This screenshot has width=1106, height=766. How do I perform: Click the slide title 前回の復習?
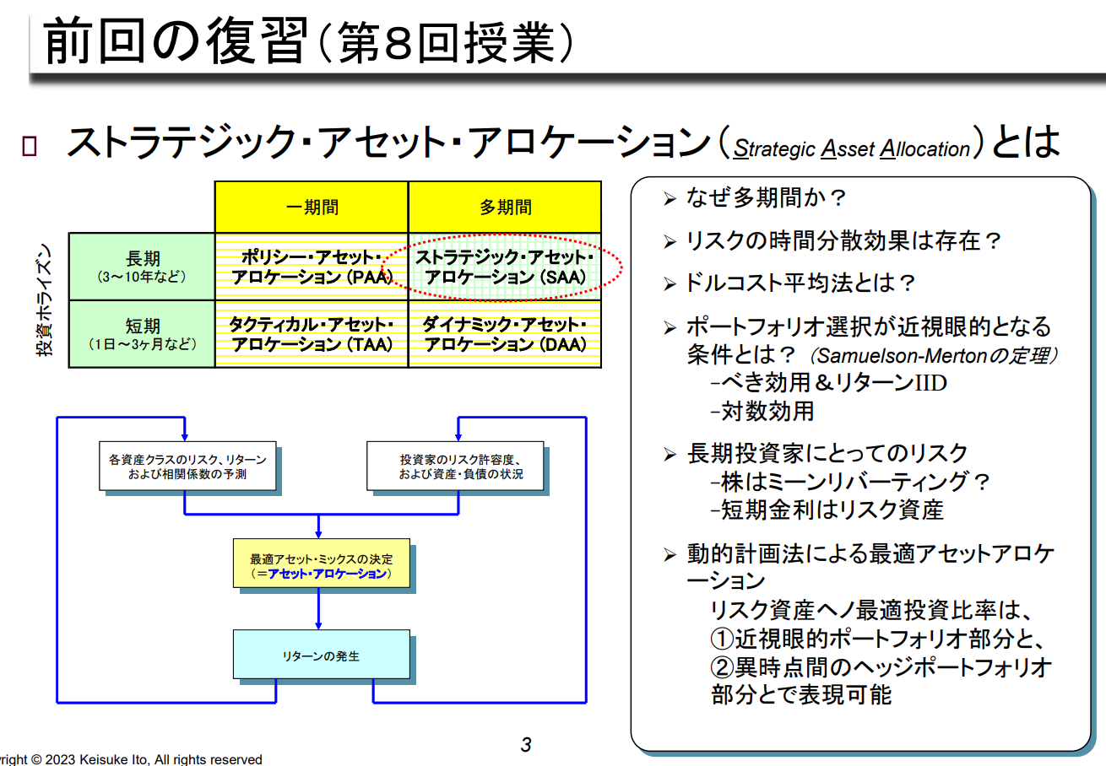tap(173, 42)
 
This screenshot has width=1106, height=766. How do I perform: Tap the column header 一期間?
tap(312, 208)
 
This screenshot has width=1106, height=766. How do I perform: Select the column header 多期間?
tap(505, 208)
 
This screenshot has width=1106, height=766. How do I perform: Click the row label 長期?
tap(142, 266)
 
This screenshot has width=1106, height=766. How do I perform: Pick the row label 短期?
tap(142, 333)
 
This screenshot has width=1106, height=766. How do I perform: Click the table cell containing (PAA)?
tap(312, 267)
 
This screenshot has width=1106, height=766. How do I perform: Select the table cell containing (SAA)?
tap(505, 267)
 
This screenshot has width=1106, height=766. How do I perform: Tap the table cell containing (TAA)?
tap(312, 334)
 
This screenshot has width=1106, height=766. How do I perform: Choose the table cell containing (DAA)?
tap(505, 334)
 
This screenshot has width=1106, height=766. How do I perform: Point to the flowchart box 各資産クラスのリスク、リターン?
tap(187, 467)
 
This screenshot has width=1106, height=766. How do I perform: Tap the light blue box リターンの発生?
tap(322, 655)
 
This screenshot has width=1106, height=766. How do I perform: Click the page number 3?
tap(526, 744)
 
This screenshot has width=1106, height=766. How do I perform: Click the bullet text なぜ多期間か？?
tap(766, 199)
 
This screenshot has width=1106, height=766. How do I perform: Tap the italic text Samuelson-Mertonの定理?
tap(933, 355)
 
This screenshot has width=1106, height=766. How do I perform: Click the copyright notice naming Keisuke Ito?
tap(131, 759)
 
